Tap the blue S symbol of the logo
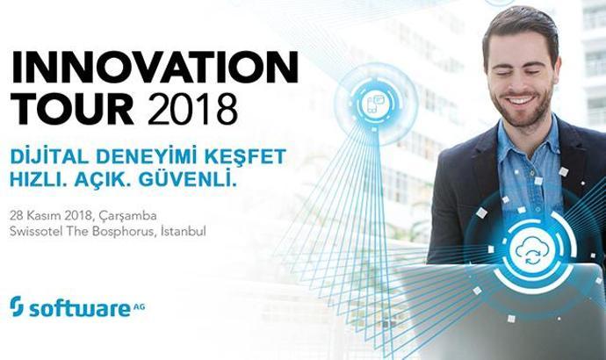[x=17, y=306]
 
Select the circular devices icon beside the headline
[x=375, y=105]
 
